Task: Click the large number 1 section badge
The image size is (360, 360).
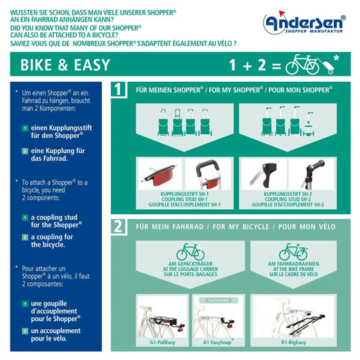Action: coord(118,90)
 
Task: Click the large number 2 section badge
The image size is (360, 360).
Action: coord(118,226)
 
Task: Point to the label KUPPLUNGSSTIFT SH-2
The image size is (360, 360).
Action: coord(288,193)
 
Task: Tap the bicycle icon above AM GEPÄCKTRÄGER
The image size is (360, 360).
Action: coord(190,251)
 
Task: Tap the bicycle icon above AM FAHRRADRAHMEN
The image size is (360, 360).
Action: coord(293,251)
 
